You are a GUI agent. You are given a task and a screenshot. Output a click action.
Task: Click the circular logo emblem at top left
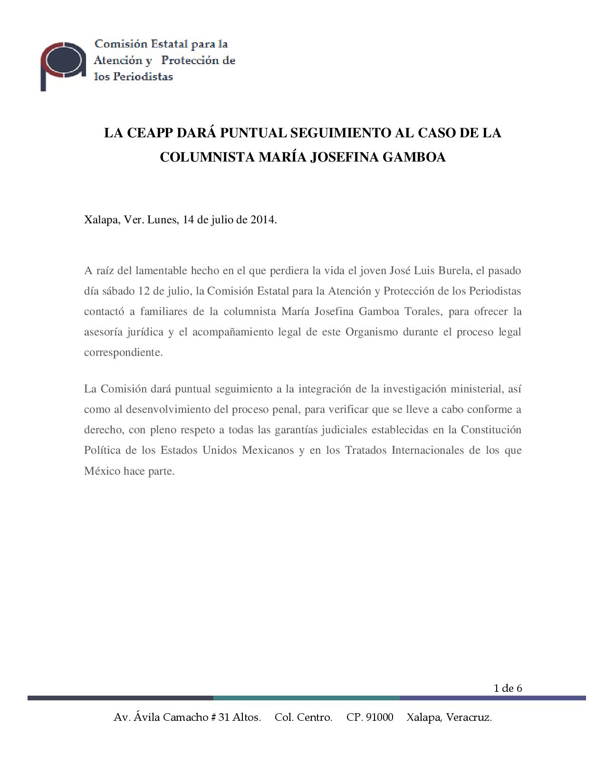click(x=63, y=65)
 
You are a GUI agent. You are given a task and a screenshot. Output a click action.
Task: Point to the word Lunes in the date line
click(x=162, y=220)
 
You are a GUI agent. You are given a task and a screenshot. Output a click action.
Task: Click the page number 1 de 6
click(x=508, y=688)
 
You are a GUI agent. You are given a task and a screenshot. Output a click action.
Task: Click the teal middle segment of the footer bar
click(x=306, y=698)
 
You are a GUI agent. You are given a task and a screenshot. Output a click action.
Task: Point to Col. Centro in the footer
click(x=303, y=717)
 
